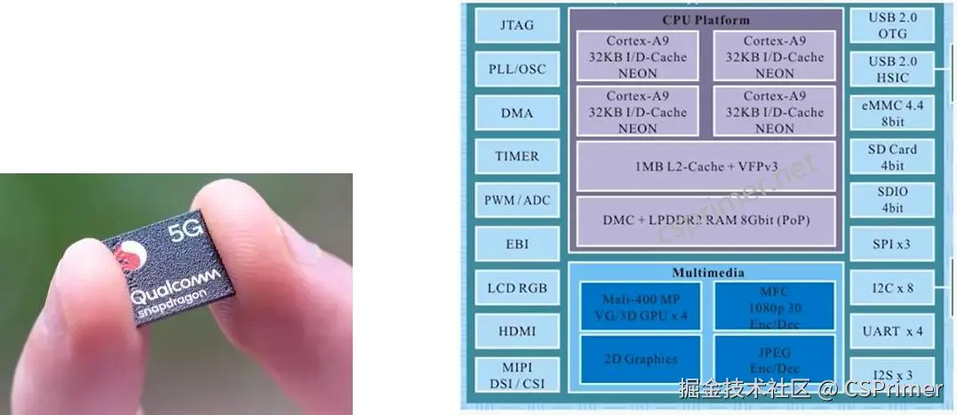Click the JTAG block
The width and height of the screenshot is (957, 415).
(x=517, y=25)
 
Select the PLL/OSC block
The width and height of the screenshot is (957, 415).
(x=517, y=68)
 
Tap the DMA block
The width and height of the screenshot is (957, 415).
(x=517, y=113)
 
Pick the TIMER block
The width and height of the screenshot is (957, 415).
(x=517, y=156)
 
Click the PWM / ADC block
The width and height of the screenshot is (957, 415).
(x=517, y=200)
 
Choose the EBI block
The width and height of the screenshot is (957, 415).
(x=517, y=243)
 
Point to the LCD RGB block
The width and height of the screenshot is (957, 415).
(x=517, y=288)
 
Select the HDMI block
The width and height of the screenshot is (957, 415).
(x=517, y=331)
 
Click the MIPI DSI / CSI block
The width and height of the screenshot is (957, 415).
(x=517, y=375)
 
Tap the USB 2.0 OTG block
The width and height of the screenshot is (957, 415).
(x=892, y=25)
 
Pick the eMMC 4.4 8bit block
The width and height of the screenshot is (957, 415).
(x=892, y=113)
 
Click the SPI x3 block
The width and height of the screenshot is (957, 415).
(x=892, y=243)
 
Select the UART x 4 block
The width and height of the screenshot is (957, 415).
(x=892, y=331)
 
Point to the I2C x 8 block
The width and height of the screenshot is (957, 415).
(x=892, y=288)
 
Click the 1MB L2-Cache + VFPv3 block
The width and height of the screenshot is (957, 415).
(x=706, y=166)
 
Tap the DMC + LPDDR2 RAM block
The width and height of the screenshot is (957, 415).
(x=706, y=220)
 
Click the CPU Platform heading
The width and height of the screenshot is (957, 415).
(x=706, y=20)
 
